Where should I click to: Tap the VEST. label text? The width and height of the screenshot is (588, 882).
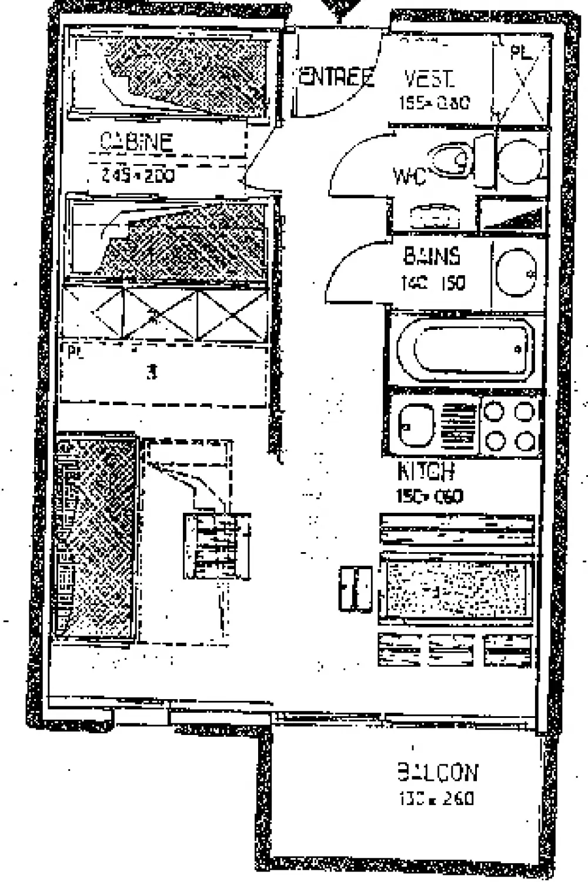429,79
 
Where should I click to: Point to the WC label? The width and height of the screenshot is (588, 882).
409,175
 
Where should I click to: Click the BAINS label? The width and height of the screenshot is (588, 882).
432,256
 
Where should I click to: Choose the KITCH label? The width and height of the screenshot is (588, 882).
426,471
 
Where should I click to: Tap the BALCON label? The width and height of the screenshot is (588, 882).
438,772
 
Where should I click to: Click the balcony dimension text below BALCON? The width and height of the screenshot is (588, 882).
436,798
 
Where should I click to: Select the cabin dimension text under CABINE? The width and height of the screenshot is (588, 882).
138,175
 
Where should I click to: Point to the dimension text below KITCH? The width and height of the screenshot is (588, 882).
429,496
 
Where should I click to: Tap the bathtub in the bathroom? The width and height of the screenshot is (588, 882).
463,349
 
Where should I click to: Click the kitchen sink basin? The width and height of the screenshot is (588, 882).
415,425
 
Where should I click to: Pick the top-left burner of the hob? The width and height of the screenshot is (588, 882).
493,412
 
